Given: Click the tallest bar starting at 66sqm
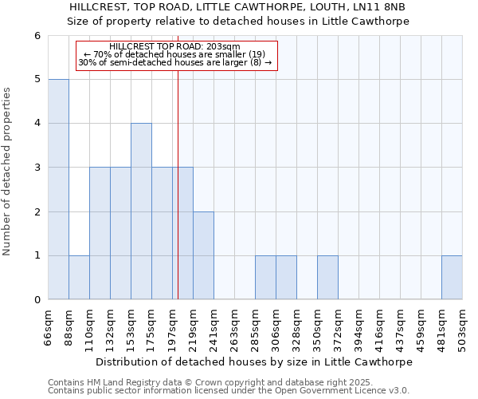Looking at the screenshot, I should coord(58,189).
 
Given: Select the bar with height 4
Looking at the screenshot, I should coord(141,211).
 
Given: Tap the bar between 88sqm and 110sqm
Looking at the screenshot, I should coord(79,278).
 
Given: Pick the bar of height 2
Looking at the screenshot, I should coord(203,255).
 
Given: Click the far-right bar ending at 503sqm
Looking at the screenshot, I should coord(452,278).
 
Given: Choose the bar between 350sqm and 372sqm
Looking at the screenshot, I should coord(327,278).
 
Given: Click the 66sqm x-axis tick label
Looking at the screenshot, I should coord(49,328).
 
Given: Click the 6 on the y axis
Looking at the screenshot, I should coord(37,36).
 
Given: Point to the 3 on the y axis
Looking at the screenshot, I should coord(37,168).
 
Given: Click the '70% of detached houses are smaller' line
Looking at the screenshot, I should coord(174,54).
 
